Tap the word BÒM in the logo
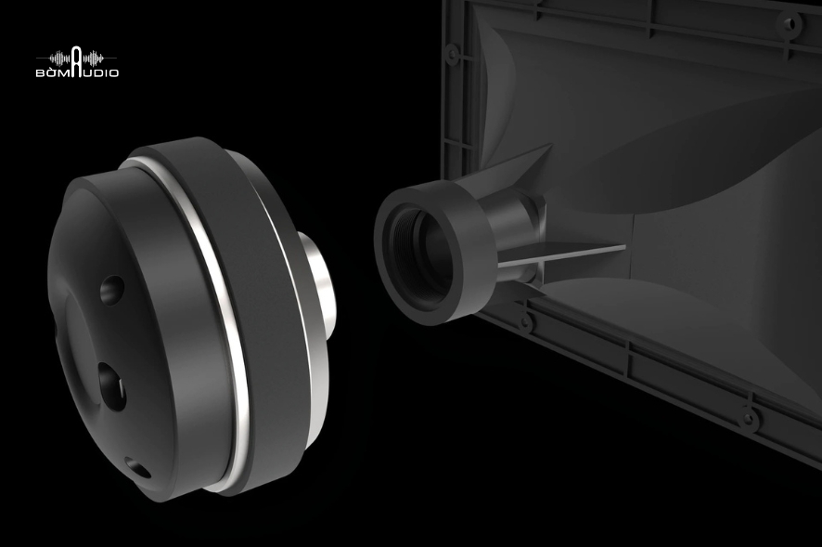[x=53, y=72]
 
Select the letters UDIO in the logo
[x=101, y=72]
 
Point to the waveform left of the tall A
[x=59, y=58]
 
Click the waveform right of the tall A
[x=95, y=58]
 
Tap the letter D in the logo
[x=97, y=72]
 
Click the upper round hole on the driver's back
[x=112, y=290]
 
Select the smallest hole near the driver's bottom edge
[x=139, y=468]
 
